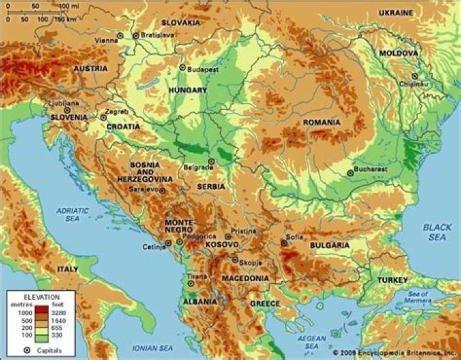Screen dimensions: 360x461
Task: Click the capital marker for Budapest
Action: click(182, 67)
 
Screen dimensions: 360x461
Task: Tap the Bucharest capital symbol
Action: click(350, 172)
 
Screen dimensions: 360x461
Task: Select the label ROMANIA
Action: click(322, 122)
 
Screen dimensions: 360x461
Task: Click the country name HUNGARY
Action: click(187, 90)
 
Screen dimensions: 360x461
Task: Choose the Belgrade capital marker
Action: click(211, 161)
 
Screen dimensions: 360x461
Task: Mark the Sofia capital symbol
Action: click(284, 243)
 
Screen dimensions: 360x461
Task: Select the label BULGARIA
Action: click(330, 245)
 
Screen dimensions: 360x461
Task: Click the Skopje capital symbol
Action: click(235, 259)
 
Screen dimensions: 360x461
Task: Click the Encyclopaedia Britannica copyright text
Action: click(394, 352)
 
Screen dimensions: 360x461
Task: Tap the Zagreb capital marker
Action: click(103, 117)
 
